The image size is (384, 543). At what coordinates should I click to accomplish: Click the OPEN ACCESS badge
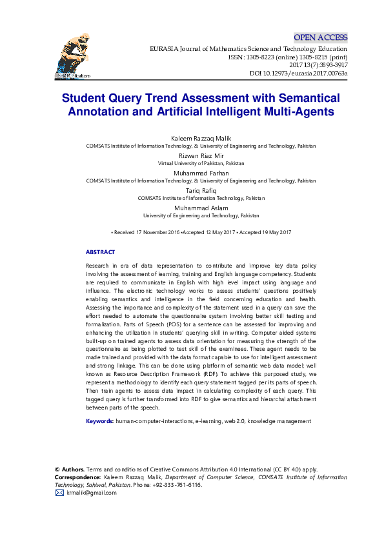320,37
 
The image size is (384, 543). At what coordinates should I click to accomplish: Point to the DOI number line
298,74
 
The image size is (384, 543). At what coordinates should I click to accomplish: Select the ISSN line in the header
287,57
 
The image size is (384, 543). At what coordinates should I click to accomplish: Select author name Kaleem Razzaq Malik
201,139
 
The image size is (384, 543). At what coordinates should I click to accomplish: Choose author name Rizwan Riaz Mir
201,156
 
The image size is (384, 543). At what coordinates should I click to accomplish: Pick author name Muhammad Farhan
201,173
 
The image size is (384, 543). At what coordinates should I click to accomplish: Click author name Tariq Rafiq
201,191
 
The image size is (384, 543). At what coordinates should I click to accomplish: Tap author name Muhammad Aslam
201,208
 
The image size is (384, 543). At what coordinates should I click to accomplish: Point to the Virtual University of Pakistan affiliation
201,164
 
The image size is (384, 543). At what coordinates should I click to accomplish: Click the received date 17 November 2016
147,232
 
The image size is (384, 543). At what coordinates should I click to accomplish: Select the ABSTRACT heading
100,252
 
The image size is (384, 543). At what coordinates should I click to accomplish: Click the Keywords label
100,421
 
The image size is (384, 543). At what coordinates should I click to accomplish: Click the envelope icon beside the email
59,493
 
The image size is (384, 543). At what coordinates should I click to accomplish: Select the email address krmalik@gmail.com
92,493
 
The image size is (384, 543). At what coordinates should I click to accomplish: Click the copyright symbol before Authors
57,469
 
